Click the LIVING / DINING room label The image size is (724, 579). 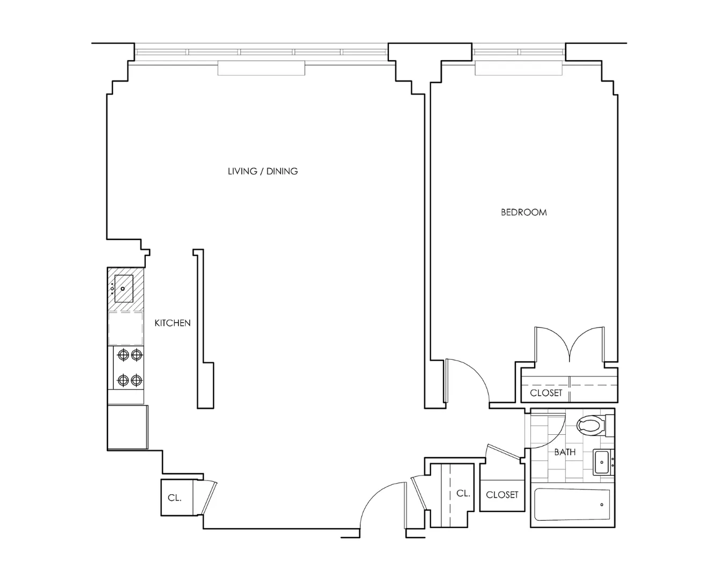(x=263, y=172)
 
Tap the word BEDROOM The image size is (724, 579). (x=523, y=212)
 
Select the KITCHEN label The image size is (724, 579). (x=172, y=323)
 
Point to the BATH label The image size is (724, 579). (x=565, y=452)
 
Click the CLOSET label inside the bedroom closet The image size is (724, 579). (x=546, y=393)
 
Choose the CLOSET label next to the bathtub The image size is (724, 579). (x=502, y=495)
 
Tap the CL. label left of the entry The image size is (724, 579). (x=174, y=498)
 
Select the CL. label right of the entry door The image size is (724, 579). (x=463, y=493)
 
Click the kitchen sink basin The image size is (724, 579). (x=124, y=288)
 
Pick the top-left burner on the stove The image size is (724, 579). (x=123, y=354)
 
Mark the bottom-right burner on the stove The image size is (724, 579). (x=137, y=380)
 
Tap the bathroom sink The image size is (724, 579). (x=603, y=462)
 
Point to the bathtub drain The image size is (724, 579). (x=602, y=504)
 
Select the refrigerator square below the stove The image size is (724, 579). (x=128, y=427)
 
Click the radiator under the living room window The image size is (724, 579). (x=261, y=68)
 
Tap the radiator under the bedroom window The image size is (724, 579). (x=518, y=68)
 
